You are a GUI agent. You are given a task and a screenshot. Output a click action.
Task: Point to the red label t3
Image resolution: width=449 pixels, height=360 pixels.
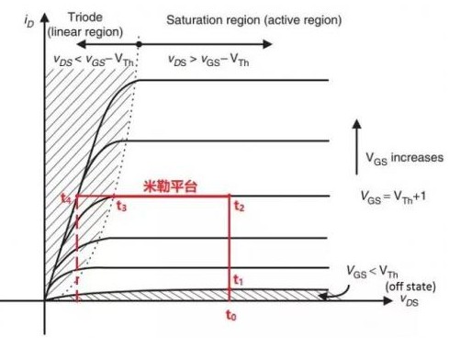pos(121,207)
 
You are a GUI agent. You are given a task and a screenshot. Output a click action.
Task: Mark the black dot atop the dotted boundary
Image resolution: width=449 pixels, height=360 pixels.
pos(139,43)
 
